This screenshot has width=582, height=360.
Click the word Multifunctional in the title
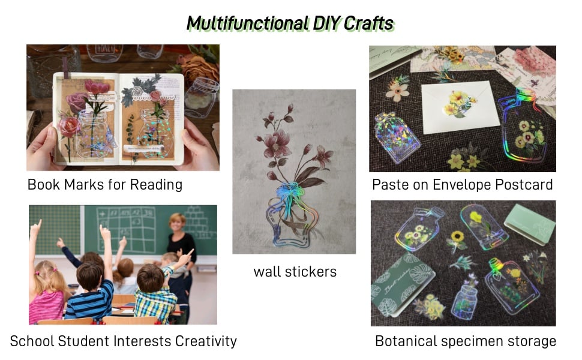coord(247,23)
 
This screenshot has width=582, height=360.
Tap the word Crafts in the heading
coord(368,23)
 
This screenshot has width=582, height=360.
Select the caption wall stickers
coord(295,271)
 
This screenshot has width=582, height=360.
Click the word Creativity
coord(206,341)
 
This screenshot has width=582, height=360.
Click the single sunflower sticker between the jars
coord(457,238)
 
